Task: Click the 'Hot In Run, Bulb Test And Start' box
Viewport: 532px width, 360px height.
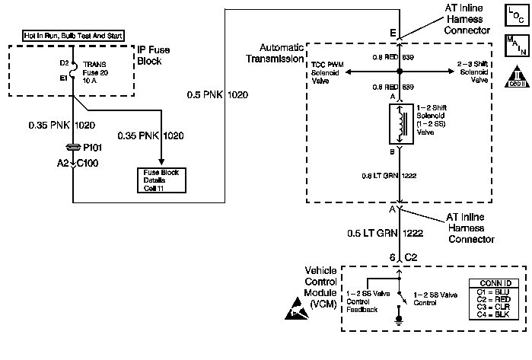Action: (x=72, y=36)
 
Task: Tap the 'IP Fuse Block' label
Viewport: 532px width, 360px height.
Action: (x=157, y=55)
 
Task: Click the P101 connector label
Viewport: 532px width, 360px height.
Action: (x=92, y=150)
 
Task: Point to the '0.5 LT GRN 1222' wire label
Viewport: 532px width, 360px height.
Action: (x=384, y=233)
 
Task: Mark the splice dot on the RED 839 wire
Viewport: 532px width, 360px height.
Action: (x=399, y=72)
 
